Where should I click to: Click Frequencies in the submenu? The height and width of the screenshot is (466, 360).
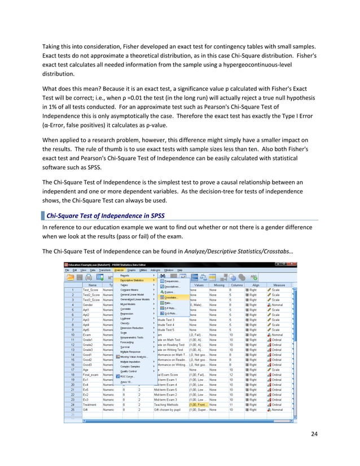click(x=172, y=280)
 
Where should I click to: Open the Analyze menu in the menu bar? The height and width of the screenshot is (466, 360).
click(x=119, y=270)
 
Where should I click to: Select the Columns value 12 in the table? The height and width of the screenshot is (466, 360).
click(x=230, y=375)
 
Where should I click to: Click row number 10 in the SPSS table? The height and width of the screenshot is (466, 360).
click(x=73, y=335)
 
